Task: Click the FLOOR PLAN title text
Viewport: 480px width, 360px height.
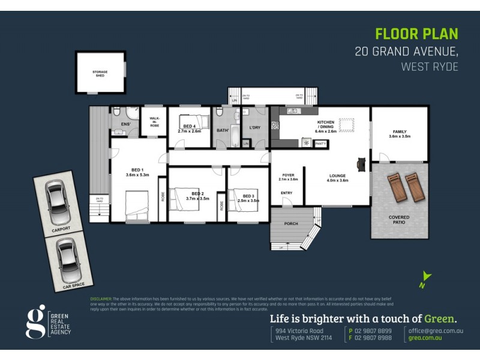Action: point(416,34)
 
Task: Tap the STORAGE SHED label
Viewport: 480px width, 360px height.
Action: point(100,73)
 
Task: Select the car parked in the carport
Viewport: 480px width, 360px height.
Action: point(56,201)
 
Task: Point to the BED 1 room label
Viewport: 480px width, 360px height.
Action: point(137,172)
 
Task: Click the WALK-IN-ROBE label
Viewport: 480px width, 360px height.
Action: point(154,121)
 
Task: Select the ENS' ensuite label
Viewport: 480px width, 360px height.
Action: point(126,124)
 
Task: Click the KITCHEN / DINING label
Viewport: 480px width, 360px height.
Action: point(326,124)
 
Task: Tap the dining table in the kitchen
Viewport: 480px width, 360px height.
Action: point(347,125)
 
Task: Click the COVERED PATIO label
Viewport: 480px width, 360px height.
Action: point(399,220)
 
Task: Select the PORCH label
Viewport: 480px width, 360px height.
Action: point(291,223)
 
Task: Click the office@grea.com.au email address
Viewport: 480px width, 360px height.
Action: point(436,331)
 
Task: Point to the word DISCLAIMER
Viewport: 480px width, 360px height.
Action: point(101,298)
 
